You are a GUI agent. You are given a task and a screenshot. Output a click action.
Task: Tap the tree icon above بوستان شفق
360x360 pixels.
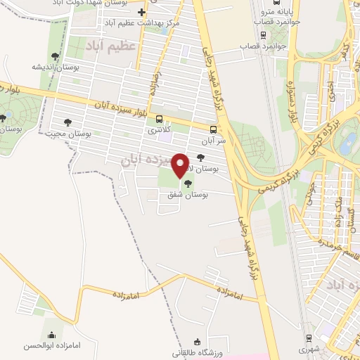[x=186, y=184]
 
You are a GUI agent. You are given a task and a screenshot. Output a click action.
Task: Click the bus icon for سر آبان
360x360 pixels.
[x=212, y=129]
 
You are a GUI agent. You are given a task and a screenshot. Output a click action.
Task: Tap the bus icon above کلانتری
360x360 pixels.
[x=159, y=119]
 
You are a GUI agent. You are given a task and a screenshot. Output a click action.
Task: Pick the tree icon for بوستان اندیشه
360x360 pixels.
[x=55, y=56]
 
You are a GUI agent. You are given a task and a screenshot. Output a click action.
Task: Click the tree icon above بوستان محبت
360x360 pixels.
[x=68, y=121]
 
